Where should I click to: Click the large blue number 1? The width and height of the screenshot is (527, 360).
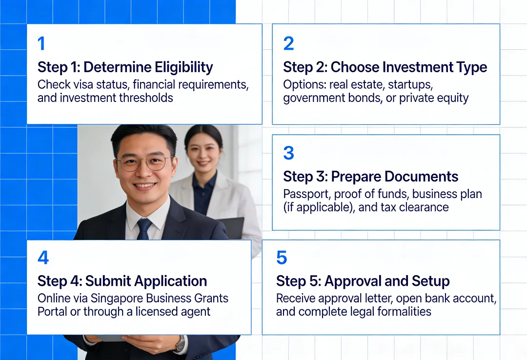coord(41,44)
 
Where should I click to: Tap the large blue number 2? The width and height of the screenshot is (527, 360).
coord(288,44)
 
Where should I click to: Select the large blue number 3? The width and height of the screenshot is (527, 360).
coord(288,153)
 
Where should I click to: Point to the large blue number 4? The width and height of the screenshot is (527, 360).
coord(43,258)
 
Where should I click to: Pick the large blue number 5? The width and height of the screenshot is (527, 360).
coord(282,258)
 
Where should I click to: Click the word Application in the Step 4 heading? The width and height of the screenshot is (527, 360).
coord(170,281)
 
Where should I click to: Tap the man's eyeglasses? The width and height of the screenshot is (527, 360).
coord(144,162)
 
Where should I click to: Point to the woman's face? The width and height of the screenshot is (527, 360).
coord(203,147)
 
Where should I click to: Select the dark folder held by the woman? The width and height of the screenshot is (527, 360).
coord(232,227)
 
